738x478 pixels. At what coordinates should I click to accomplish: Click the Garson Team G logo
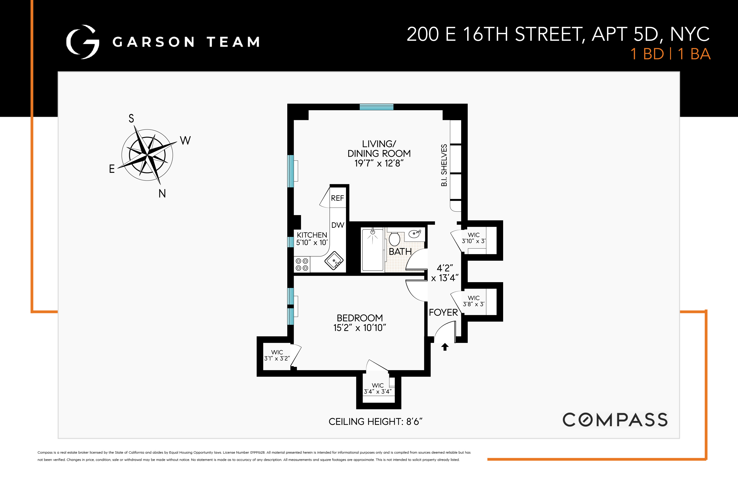83,42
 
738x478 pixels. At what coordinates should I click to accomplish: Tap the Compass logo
615,420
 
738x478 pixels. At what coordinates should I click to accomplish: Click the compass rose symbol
147,155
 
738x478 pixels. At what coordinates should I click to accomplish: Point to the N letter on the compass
162,193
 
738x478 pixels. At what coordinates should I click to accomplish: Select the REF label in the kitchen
337,198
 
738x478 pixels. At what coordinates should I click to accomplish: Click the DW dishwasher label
338,225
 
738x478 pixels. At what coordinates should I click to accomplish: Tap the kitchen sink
334,260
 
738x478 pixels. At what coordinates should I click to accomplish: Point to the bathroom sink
415,234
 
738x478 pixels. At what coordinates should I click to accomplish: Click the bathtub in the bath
372,250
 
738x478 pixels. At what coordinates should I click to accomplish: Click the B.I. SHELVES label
444,165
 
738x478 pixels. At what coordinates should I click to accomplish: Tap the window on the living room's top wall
377,107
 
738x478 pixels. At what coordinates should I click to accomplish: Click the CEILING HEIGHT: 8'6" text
375,422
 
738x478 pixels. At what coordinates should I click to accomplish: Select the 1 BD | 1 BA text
670,54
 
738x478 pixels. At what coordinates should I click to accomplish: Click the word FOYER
443,312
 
